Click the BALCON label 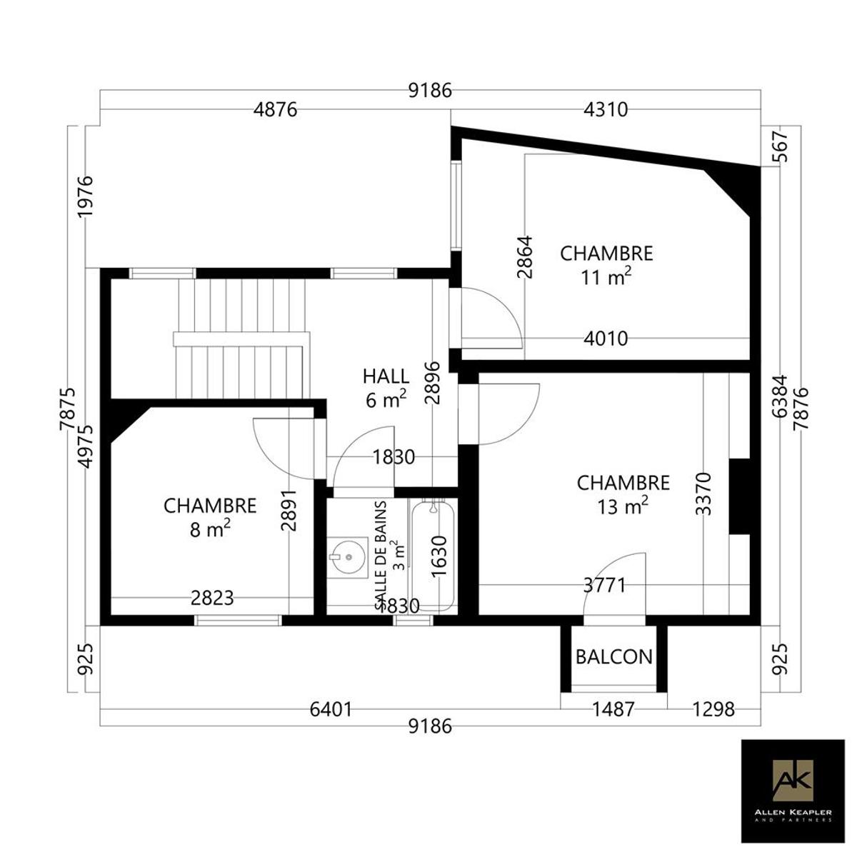pos(613,657)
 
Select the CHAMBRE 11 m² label pos(606,266)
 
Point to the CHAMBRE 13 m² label pos(623,494)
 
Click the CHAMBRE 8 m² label pos(210,518)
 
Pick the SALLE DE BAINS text pos(381,556)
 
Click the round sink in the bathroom pos(347,557)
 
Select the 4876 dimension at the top pos(275,109)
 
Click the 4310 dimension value pos(606,109)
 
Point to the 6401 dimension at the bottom pos(331,710)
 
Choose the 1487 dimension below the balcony pos(613,710)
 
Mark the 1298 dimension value pos(713,710)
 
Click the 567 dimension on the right pos(781,146)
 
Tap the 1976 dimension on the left pos(86,196)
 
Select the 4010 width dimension pos(606,339)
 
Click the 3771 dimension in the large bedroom pos(604,586)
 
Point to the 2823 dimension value pos(212,598)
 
